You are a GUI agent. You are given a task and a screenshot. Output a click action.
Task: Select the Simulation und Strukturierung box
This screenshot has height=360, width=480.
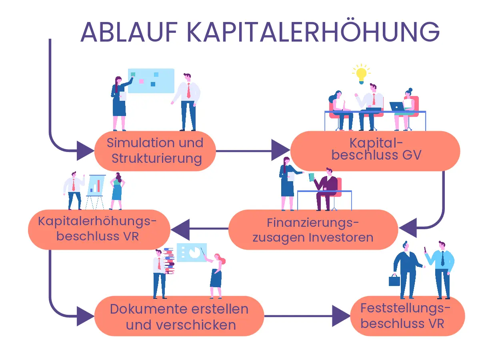[155, 151]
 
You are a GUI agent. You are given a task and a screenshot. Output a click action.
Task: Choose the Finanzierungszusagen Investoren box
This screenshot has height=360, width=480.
[313, 230]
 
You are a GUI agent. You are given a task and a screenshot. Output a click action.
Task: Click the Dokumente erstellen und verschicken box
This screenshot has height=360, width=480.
[179, 316]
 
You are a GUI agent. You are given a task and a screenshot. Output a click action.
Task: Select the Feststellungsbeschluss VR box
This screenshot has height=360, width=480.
[407, 316]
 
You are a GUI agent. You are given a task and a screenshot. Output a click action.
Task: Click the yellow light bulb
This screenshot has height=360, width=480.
[361, 74]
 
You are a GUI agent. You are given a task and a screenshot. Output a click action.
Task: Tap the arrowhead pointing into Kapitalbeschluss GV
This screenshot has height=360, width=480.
[280, 151]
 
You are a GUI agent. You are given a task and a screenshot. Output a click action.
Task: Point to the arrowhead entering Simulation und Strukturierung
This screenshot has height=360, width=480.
[85, 151]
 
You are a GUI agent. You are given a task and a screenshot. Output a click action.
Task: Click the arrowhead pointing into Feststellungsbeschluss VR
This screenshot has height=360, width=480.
[341, 316]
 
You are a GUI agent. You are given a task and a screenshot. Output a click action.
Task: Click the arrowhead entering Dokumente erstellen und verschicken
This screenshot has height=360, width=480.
[85, 316]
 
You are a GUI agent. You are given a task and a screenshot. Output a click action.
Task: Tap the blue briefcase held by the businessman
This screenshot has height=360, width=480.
[394, 280]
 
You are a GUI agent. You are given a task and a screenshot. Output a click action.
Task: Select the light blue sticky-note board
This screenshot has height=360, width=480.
[151, 80]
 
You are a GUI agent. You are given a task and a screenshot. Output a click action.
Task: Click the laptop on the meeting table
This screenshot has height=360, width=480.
[397, 106]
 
